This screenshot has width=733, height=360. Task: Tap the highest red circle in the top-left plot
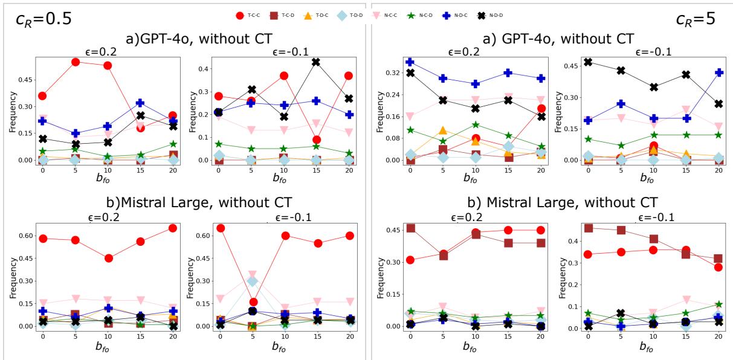pyautogui.click(x=76, y=62)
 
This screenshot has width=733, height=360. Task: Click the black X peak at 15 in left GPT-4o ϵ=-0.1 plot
pyautogui.click(x=315, y=62)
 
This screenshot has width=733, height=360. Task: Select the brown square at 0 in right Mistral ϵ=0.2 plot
pyautogui.click(x=411, y=228)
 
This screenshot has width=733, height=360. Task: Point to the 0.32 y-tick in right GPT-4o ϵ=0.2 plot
pyautogui.click(x=393, y=72)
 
